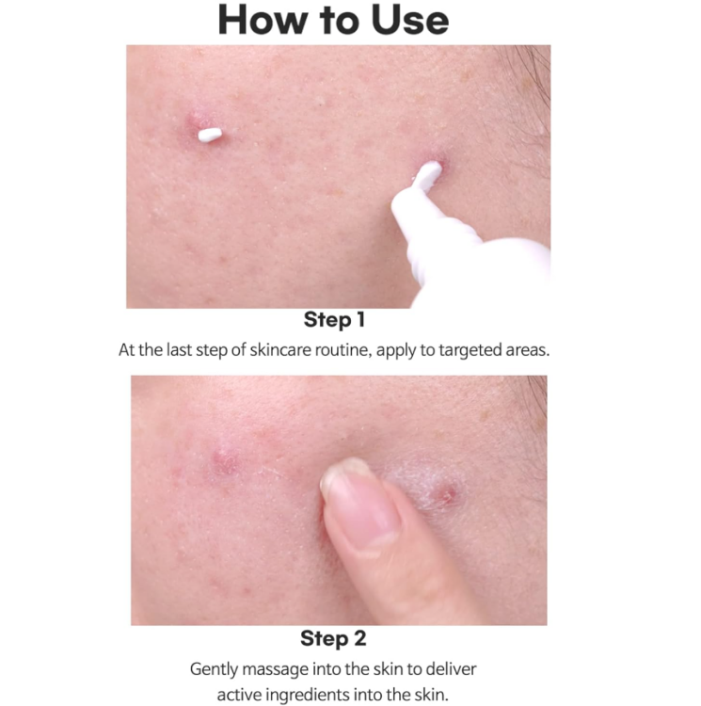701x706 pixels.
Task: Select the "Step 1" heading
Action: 334,321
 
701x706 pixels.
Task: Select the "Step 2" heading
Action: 335,639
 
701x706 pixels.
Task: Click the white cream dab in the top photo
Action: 210,135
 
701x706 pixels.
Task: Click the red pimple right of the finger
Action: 448,493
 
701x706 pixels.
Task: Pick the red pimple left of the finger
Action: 224,460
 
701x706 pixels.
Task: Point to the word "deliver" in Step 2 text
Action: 452,669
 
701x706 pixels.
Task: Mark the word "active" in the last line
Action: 241,695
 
